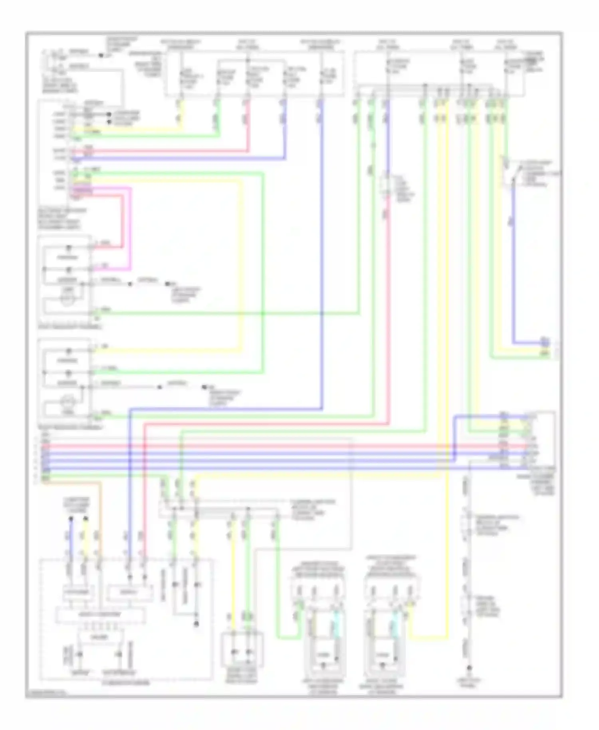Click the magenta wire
(x=130, y=228)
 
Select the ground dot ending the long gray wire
(x=470, y=668)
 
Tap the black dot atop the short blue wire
(x=71, y=519)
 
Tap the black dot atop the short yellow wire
(x=85, y=519)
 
